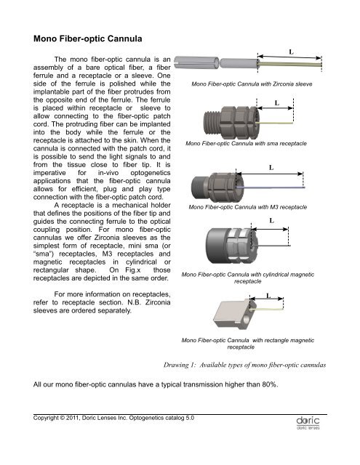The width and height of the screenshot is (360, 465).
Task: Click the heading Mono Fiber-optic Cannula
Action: coord(87,39)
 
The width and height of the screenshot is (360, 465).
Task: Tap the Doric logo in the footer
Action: coord(308,423)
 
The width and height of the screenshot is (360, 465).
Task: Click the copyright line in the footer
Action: coord(113,418)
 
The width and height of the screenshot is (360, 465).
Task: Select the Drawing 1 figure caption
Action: coord(244,365)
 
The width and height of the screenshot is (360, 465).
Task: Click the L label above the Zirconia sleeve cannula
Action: coord(291,52)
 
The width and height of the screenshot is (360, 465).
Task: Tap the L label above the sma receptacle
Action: coord(277,103)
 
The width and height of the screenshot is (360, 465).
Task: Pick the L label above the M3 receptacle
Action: coord(271,168)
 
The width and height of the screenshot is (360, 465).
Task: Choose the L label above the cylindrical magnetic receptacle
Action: coord(271,220)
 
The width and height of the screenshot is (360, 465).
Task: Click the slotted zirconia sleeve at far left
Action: coord(196,62)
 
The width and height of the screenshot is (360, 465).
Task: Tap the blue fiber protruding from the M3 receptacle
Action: coord(271,187)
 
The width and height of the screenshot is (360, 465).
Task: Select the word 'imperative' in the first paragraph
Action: coord(49,173)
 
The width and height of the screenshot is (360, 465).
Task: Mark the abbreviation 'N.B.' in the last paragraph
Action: coord(134,302)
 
